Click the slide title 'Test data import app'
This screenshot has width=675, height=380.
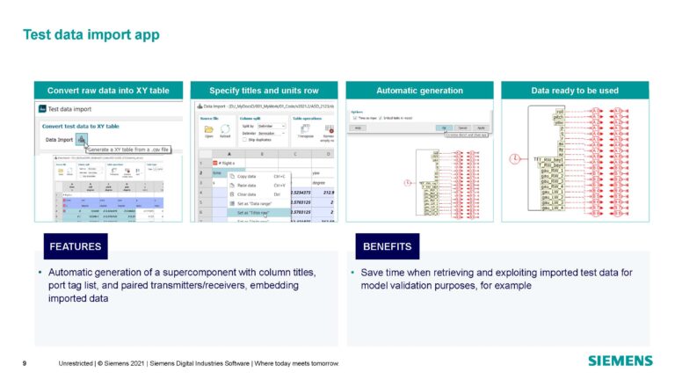point(91,35)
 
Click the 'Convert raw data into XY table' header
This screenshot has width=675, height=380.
point(108,91)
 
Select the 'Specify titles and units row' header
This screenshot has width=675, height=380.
point(264,91)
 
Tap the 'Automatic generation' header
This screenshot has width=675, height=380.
point(419,91)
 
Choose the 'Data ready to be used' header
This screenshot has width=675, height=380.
point(574,91)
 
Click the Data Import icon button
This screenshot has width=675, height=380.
point(81,139)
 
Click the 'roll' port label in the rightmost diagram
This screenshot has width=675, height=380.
point(559,113)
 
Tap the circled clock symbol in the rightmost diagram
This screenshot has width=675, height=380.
point(514,158)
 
